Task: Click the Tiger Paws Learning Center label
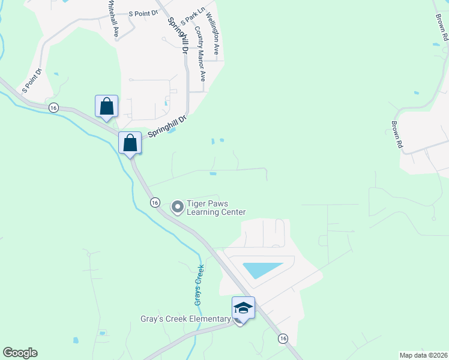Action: (x=216, y=208)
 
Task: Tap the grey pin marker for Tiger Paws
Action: (x=178, y=208)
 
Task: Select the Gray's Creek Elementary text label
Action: (x=186, y=319)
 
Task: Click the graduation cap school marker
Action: (x=243, y=308)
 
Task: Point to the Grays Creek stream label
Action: (x=199, y=285)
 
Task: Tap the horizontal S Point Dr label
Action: (x=142, y=13)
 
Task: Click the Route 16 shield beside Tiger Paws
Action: (x=155, y=202)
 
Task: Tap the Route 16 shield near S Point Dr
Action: (x=53, y=107)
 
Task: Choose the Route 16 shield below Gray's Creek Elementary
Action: (x=282, y=339)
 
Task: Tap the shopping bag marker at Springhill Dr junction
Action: (x=130, y=143)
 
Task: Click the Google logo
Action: (x=20, y=353)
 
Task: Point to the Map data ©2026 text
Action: (x=423, y=355)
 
